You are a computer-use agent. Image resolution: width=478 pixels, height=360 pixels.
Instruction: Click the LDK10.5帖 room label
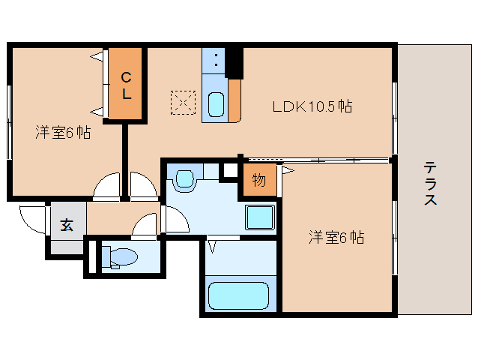[x=312, y=106]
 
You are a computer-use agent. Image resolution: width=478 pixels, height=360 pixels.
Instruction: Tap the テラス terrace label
[x=430, y=184]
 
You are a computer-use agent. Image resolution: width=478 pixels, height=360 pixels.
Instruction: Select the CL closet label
[x=127, y=84]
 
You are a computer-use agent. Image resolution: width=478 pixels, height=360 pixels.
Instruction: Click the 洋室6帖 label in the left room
[x=63, y=133]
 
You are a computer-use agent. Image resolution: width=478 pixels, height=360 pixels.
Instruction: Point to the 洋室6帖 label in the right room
[x=336, y=238]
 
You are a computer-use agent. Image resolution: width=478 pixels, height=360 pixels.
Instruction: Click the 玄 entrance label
[x=67, y=224]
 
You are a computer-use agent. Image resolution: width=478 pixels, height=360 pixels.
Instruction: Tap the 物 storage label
[x=258, y=181]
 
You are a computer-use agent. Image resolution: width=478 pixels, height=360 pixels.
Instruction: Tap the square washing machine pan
[x=260, y=218]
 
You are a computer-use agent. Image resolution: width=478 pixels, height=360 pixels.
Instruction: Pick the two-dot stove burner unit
[x=214, y=60]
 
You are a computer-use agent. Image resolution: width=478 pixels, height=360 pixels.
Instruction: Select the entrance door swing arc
[x=32, y=217]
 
